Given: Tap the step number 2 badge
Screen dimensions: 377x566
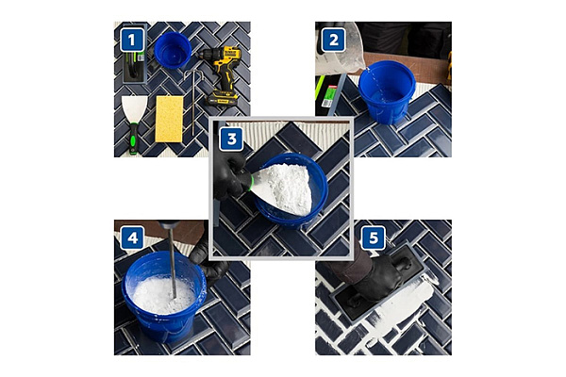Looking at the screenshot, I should (x=331, y=40).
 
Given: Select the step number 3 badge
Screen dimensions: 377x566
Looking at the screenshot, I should (x=231, y=137).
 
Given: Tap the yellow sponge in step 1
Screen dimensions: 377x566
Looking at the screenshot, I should (x=170, y=117).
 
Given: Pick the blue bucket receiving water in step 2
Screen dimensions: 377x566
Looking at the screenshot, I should (x=387, y=90).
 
